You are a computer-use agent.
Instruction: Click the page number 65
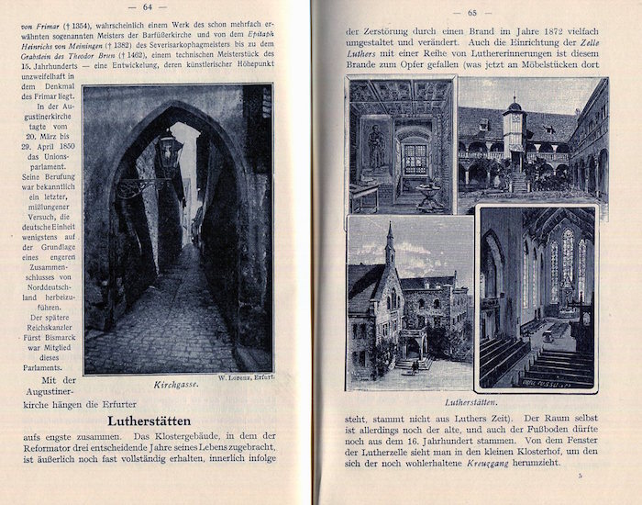click(x=474, y=12)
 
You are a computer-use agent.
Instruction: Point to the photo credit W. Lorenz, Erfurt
click(x=243, y=378)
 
